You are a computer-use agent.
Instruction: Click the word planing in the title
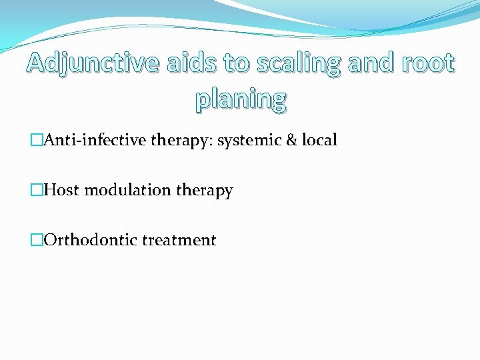pos(241,100)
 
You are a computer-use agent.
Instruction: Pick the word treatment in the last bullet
pos(179,241)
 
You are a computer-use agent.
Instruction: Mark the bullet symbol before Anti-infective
pos(37,141)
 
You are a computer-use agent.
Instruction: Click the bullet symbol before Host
pos(37,191)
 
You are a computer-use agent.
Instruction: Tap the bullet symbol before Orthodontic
pos(37,240)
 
